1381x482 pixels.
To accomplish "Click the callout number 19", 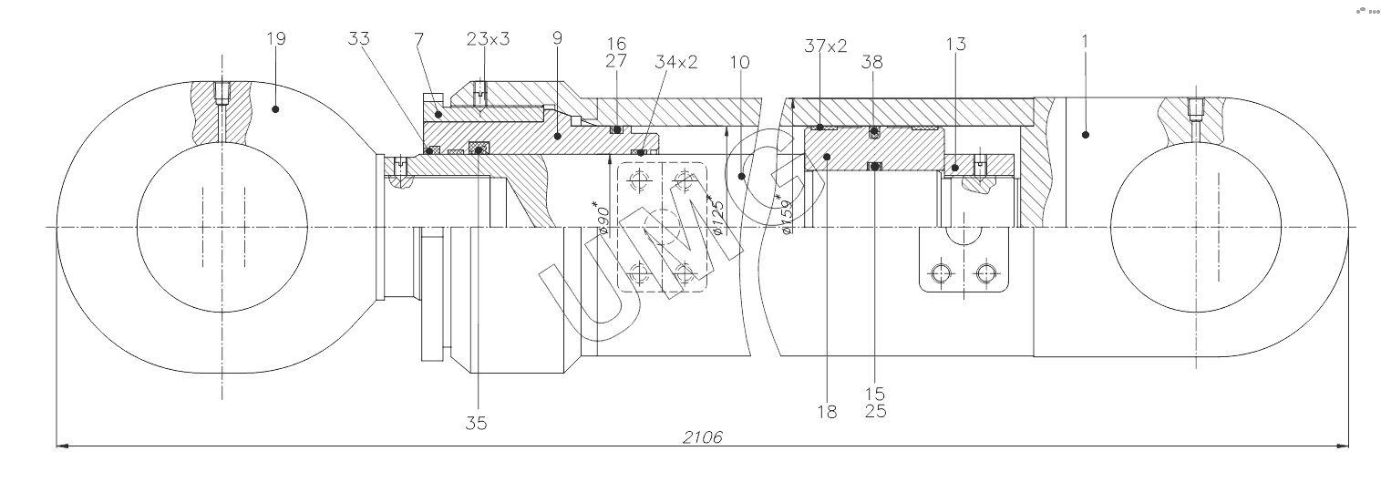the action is pos(276,39).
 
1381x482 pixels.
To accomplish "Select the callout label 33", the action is pos(359,39).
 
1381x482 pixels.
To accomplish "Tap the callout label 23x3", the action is pos(488,39).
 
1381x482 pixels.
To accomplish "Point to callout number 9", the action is pos(557,39).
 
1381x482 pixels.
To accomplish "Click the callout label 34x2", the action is pos(675,62).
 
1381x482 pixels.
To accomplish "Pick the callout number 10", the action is pos(740,62).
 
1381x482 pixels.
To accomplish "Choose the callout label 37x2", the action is pos(826,45).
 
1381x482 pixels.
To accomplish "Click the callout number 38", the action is pos(872,62).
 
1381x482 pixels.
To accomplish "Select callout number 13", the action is pos(955,45).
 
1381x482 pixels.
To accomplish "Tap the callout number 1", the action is pos(1085,41).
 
